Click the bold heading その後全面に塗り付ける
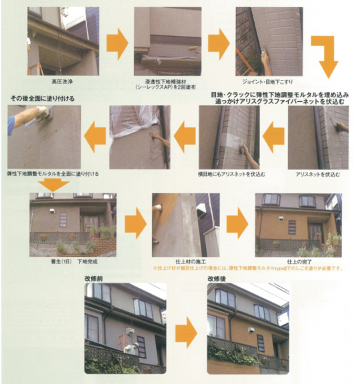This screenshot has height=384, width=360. [41, 98]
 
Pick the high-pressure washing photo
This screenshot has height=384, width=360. [63, 41]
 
